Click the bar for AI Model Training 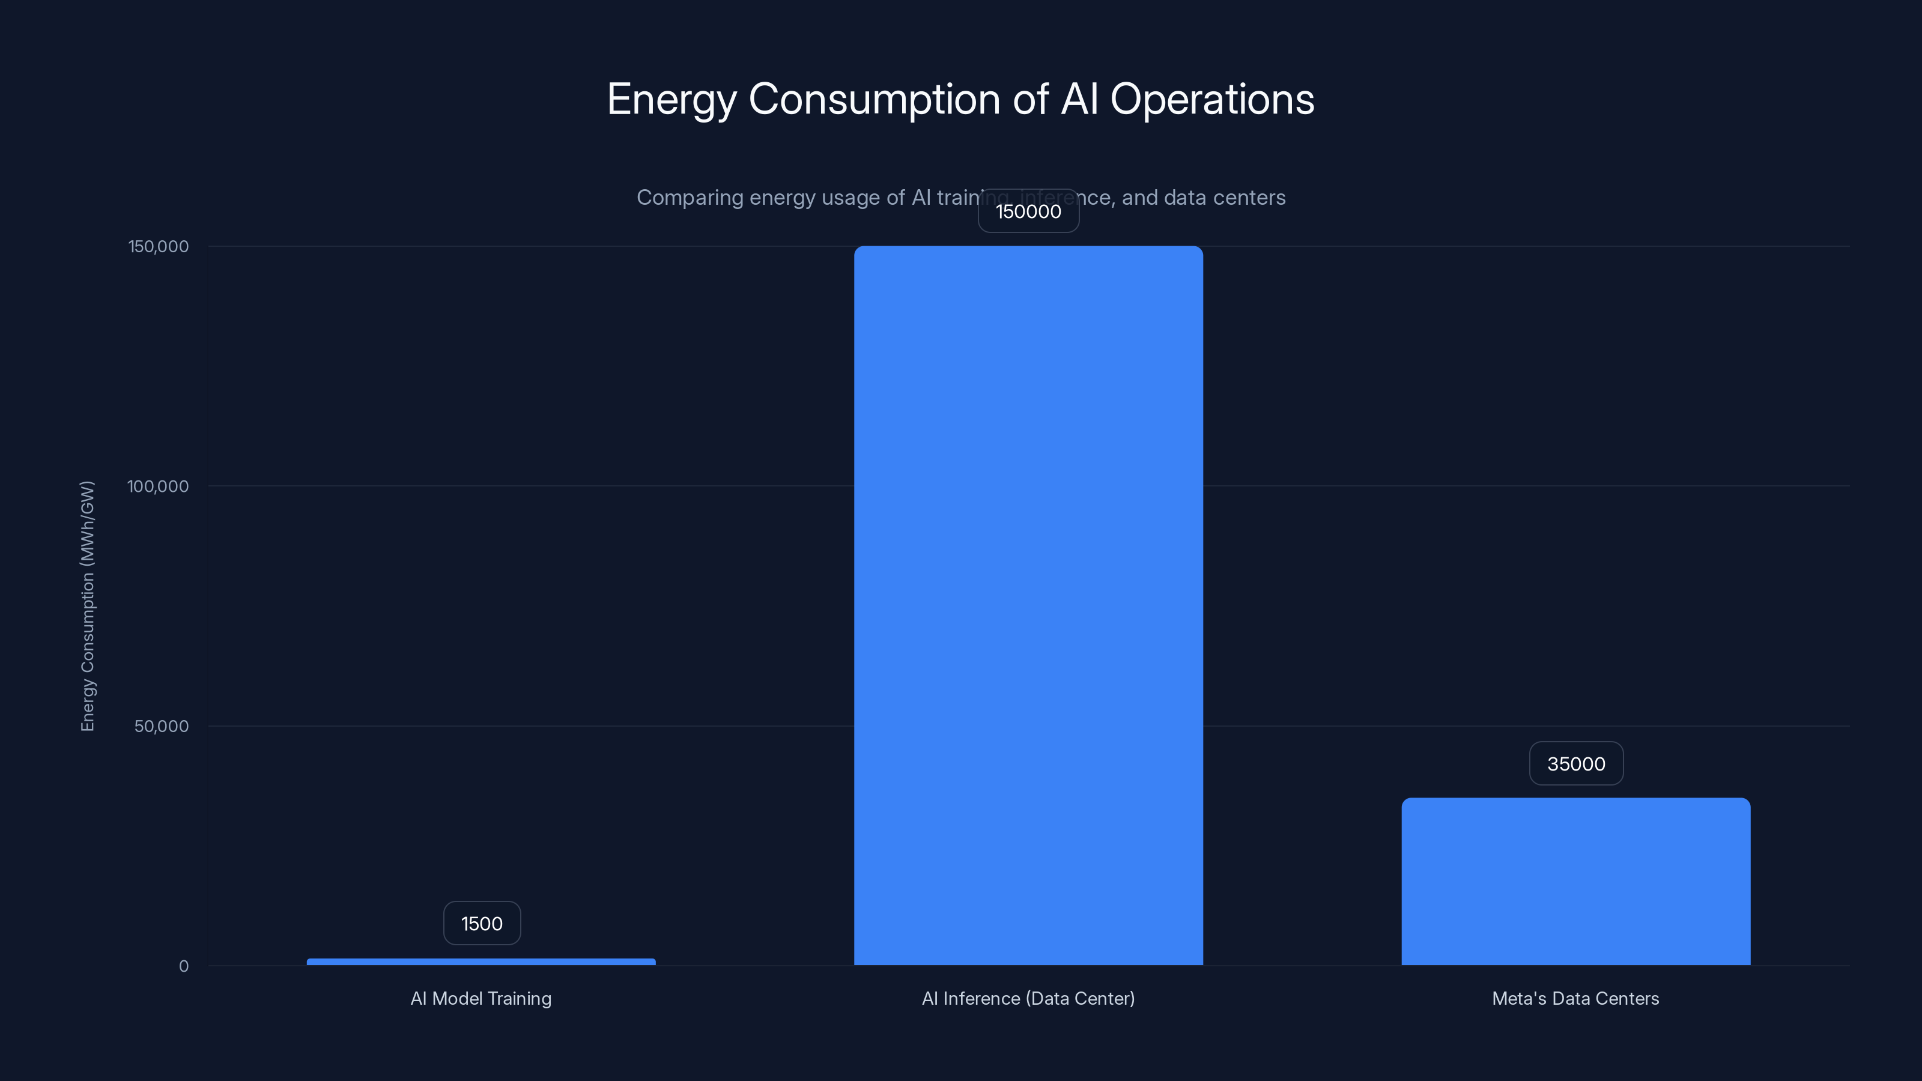pos(480,961)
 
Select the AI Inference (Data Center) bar pos(1028,605)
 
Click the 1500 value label pos(481,924)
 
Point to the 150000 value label pos(1028,211)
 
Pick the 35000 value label pos(1576,764)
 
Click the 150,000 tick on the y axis pos(158,246)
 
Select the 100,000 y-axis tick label pos(157,486)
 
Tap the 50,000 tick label pos(161,727)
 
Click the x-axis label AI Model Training pos(480,998)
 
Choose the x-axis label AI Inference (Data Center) pos(1028,998)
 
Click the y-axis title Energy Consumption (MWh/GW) pos(87,606)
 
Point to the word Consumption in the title pos(874,100)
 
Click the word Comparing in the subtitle pos(690,198)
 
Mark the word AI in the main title pos(1079,100)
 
